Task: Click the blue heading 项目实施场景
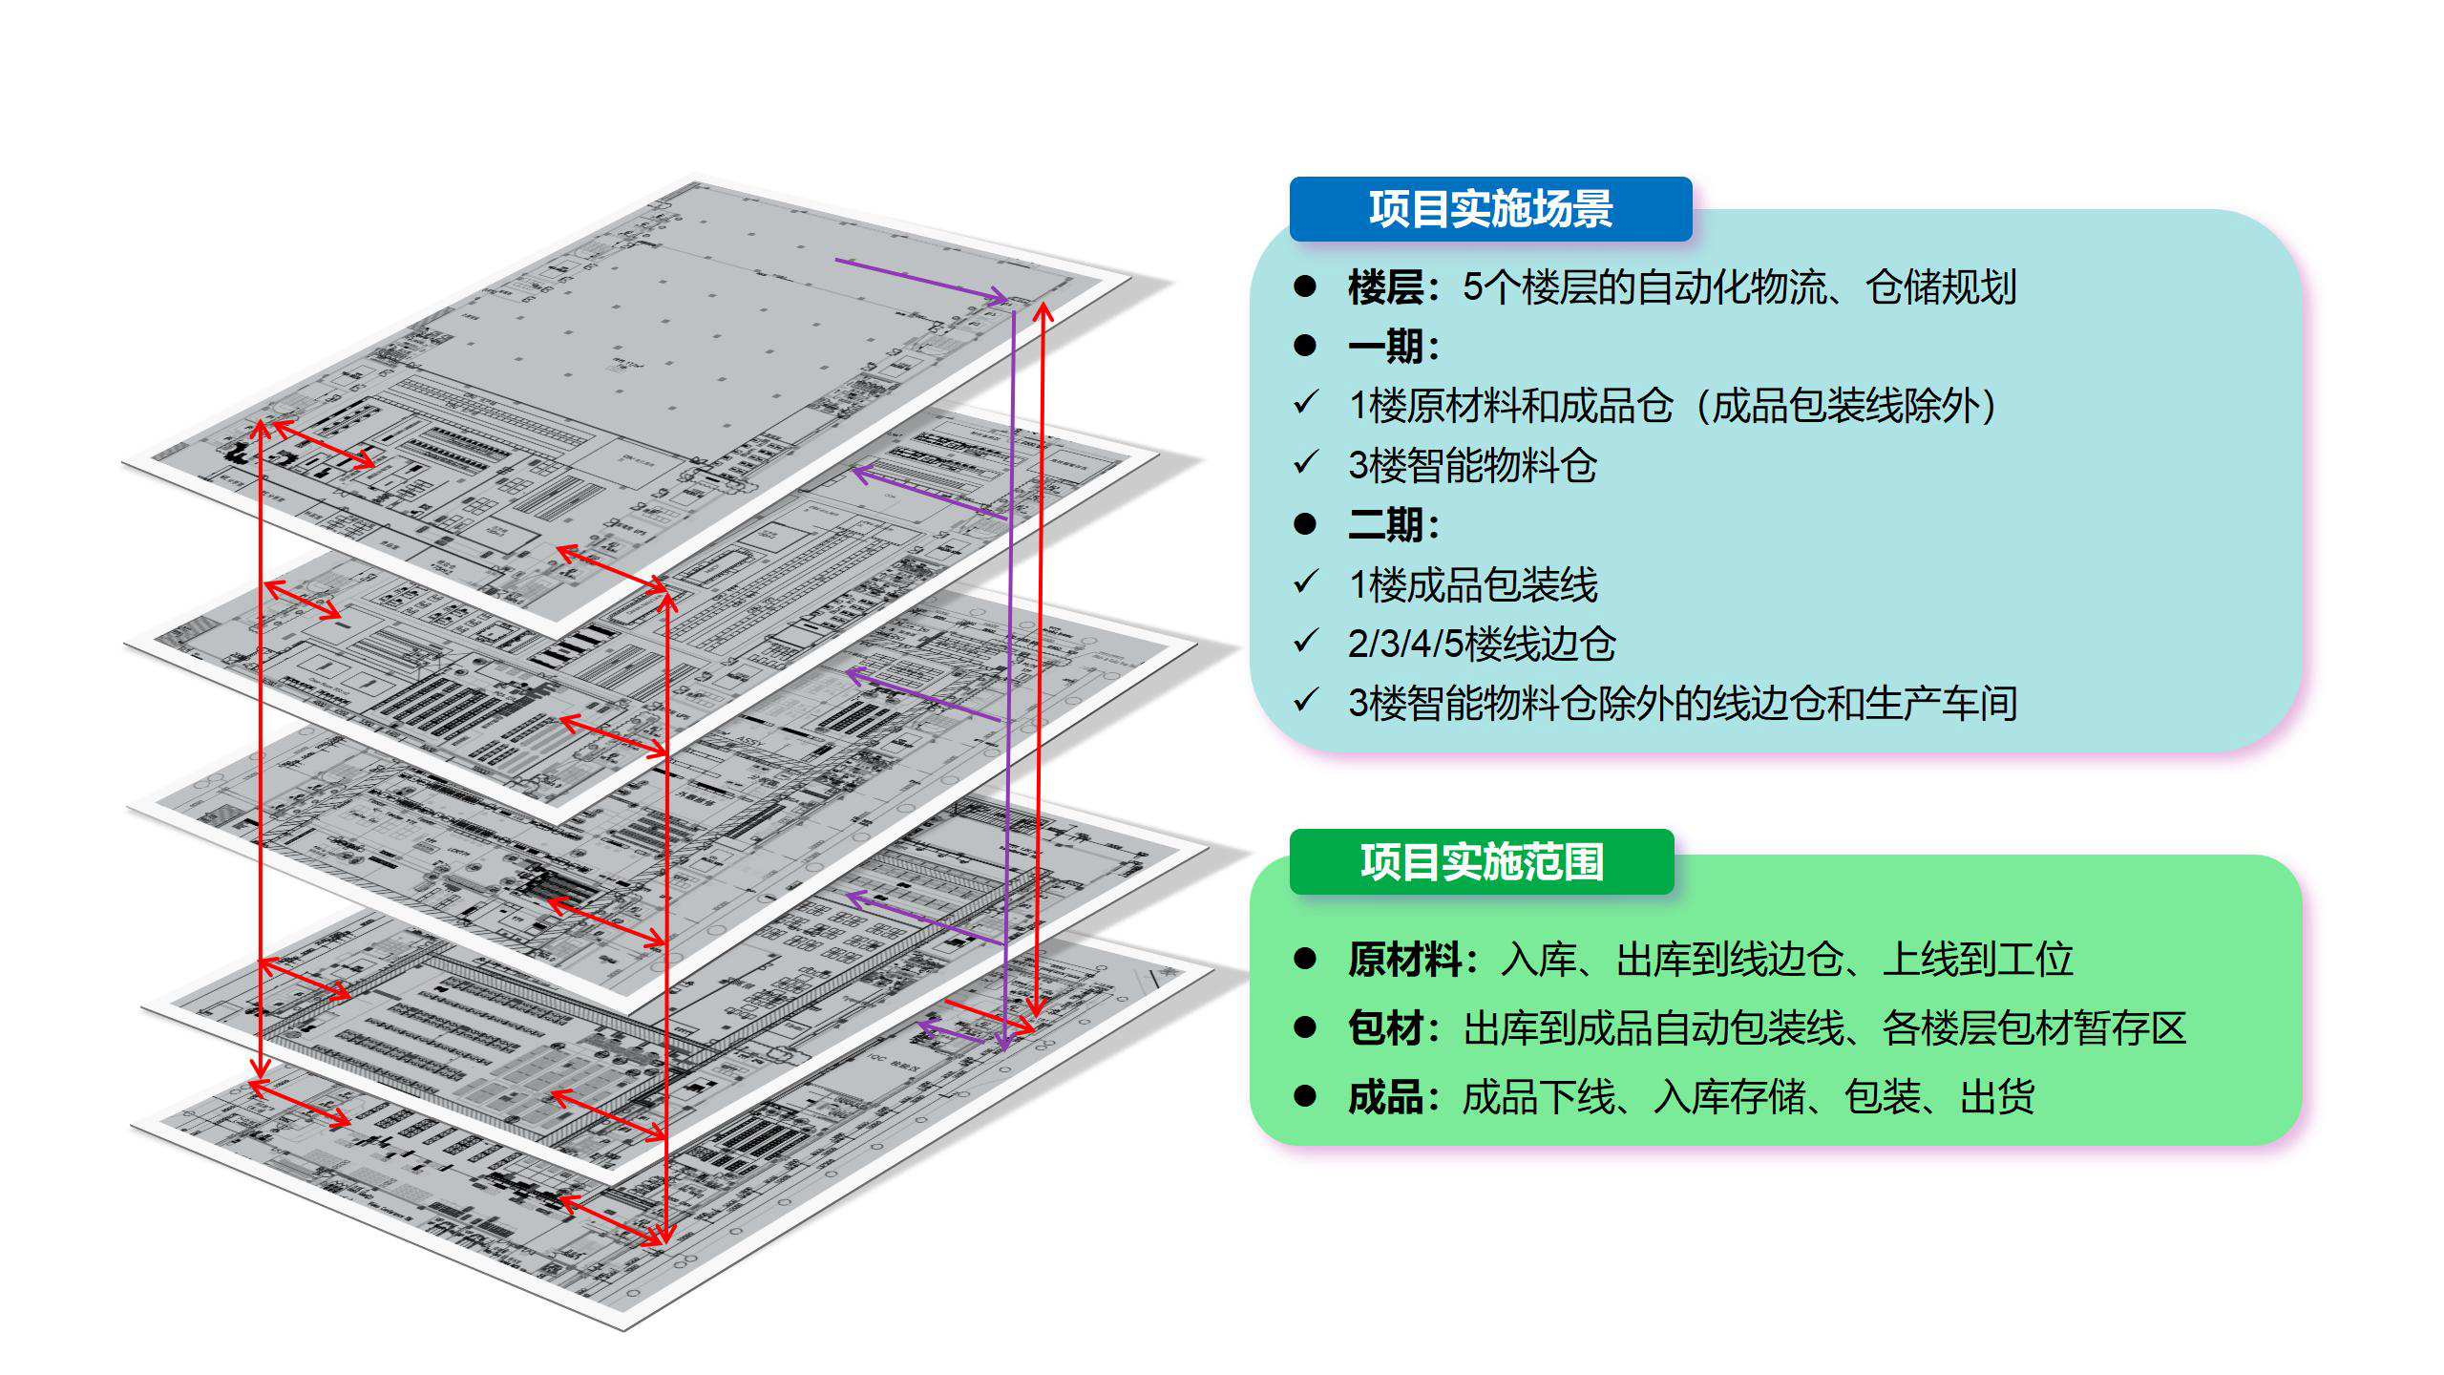(x=1490, y=209)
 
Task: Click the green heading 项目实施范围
(x=1482, y=862)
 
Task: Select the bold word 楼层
(x=1385, y=287)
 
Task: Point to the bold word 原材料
(x=1404, y=960)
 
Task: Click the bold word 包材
(x=1385, y=1028)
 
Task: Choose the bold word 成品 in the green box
(x=1385, y=1097)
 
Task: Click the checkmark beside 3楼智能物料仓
(x=1306, y=463)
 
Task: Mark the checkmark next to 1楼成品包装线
(x=1306, y=582)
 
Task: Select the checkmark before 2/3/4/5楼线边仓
(x=1306, y=641)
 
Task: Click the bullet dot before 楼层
(x=1305, y=286)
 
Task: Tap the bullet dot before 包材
(x=1305, y=1027)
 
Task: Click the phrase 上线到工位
(x=1977, y=960)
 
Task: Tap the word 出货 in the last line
(x=1996, y=1097)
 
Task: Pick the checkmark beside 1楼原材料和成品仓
(x=1306, y=404)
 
